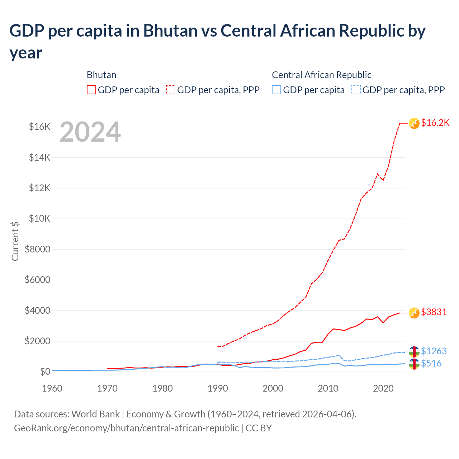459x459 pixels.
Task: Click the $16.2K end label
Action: (435, 123)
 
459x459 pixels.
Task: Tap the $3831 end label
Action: (434, 312)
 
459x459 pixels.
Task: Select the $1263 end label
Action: (434, 351)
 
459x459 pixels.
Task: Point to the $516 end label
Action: (431, 363)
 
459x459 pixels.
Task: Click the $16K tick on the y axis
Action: (39, 127)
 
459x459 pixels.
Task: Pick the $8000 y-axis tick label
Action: (37, 249)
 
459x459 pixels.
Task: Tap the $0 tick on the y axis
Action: (45, 372)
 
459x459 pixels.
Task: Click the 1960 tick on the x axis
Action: (52, 388)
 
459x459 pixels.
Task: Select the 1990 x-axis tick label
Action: (218, 388)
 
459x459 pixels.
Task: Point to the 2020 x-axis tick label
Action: (383, 388)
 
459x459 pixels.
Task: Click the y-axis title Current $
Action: (15, 241)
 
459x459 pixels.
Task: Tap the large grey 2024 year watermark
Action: (90, 132)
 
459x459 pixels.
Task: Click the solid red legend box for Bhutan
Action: (91, 90)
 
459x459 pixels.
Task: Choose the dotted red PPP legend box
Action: (171, 90)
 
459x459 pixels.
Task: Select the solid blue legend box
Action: (276, 90)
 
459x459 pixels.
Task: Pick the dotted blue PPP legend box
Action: (356, 90)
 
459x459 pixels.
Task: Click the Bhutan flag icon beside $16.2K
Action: (414, 123)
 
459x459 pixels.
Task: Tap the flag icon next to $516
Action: (414, 364)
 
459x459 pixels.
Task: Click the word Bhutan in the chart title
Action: (170, 31)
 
